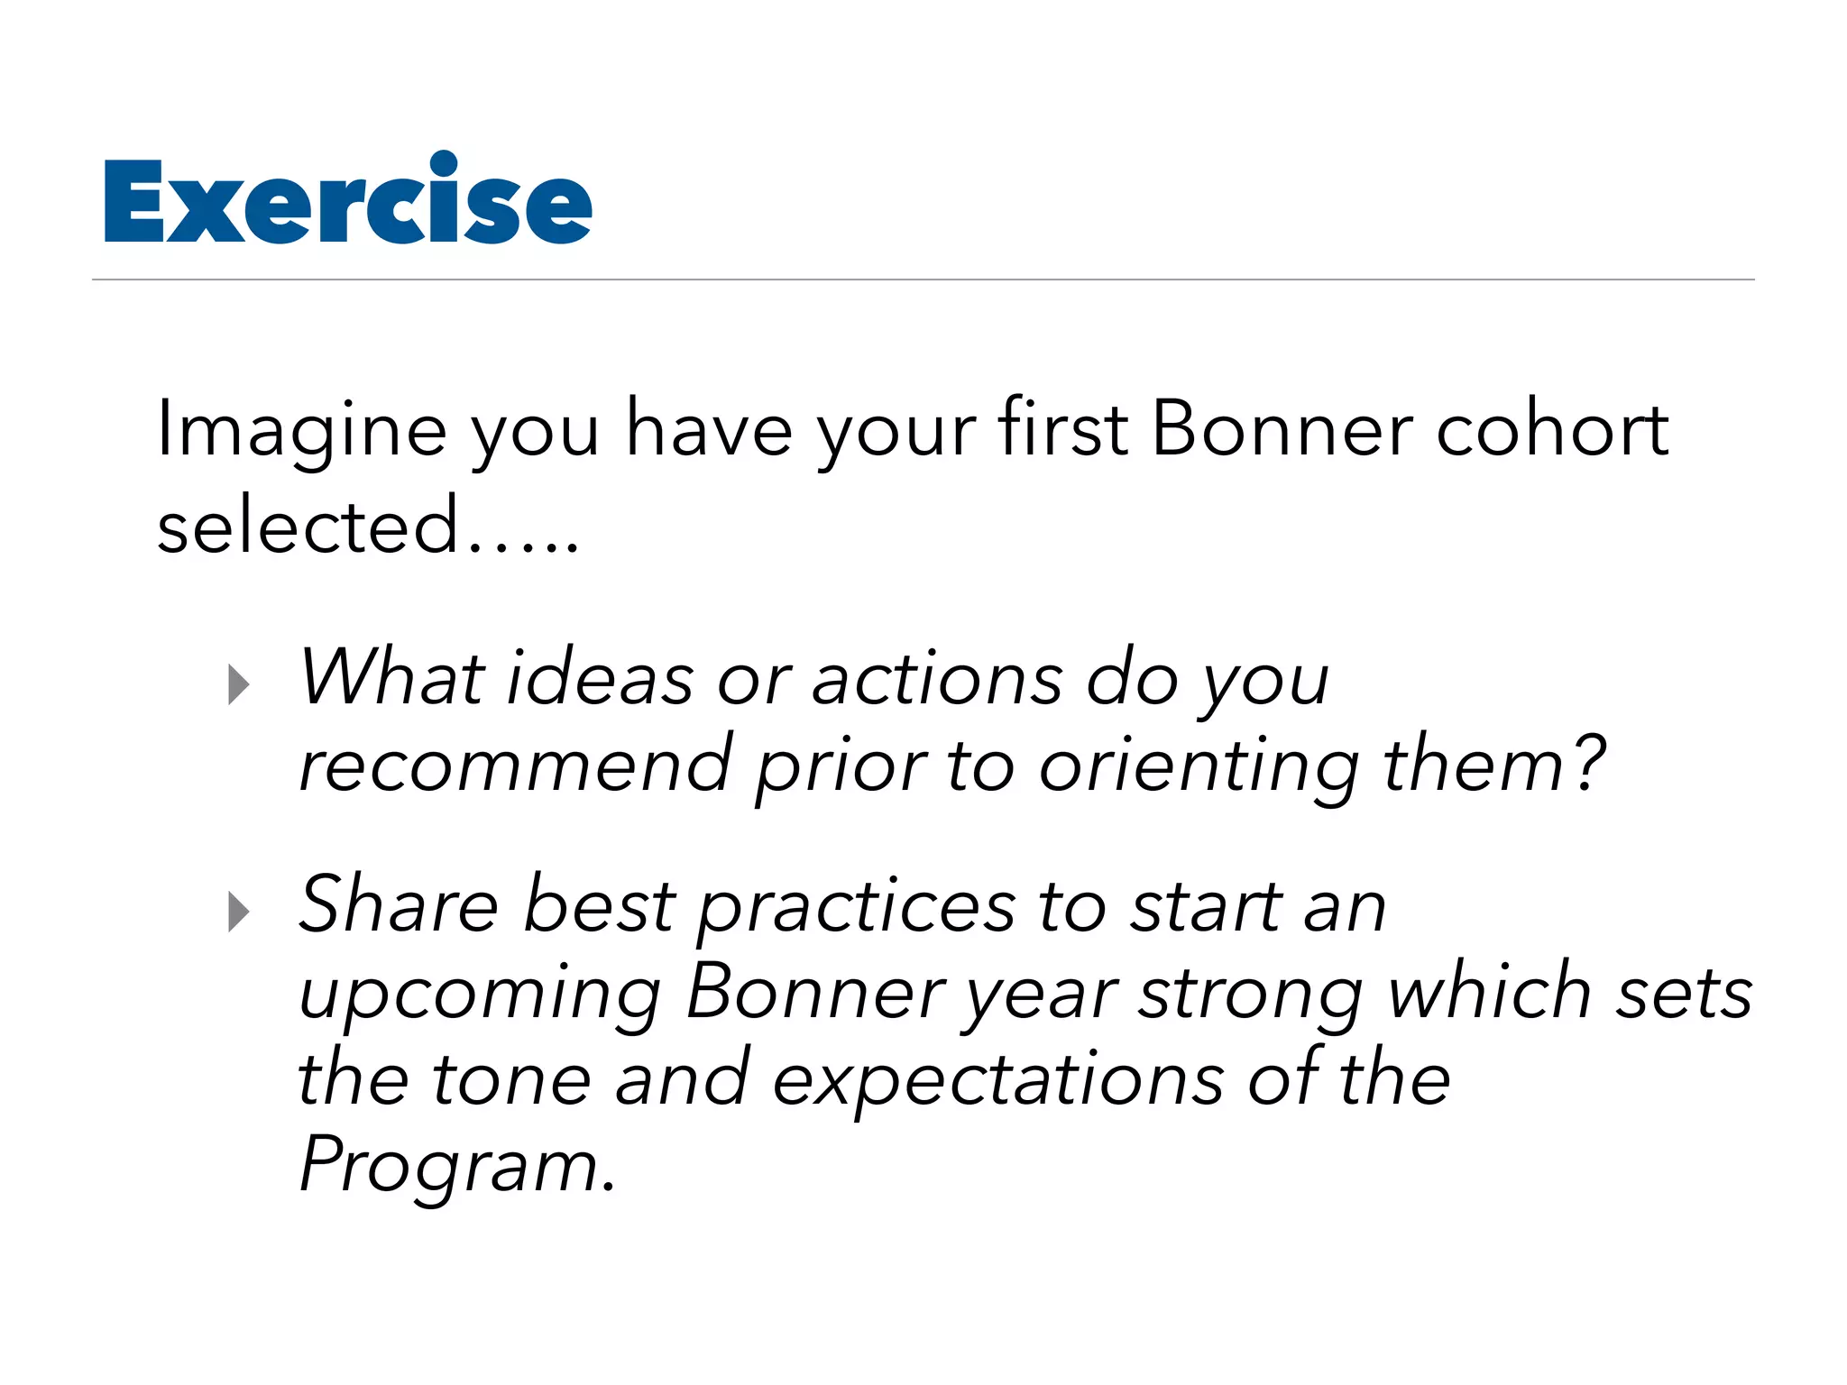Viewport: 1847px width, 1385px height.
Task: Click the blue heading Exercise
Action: coord(348,200)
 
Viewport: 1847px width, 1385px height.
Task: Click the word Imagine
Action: coord(301,431)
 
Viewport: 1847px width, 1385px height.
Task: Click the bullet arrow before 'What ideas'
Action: coord(238,684)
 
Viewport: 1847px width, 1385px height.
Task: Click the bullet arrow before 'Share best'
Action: coord(238,912)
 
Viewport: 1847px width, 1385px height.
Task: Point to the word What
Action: coord(392,678)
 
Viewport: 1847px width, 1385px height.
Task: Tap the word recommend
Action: coord(515,766)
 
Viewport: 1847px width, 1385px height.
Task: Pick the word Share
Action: coord(398,904)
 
